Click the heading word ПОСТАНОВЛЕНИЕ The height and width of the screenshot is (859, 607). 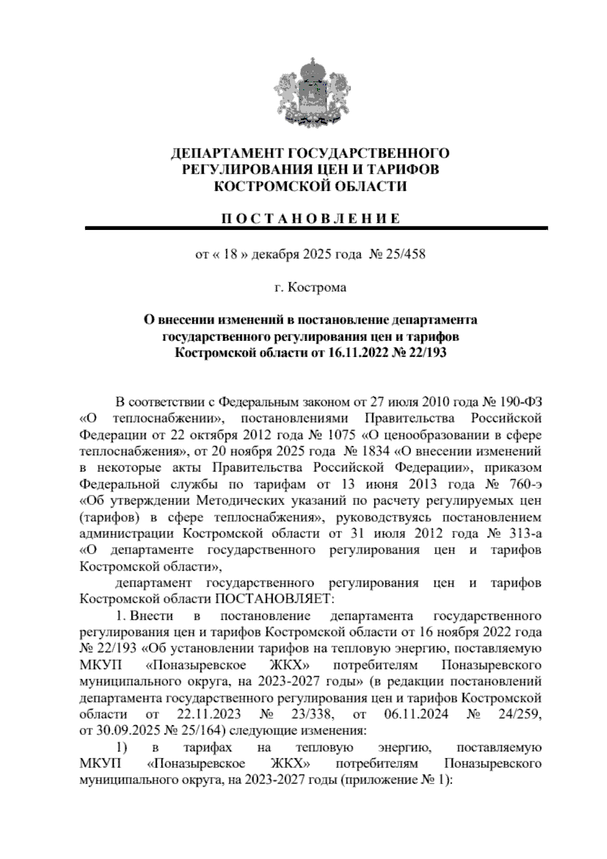311,219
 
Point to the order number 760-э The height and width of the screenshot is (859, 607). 524,484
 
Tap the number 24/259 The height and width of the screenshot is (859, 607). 515,715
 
